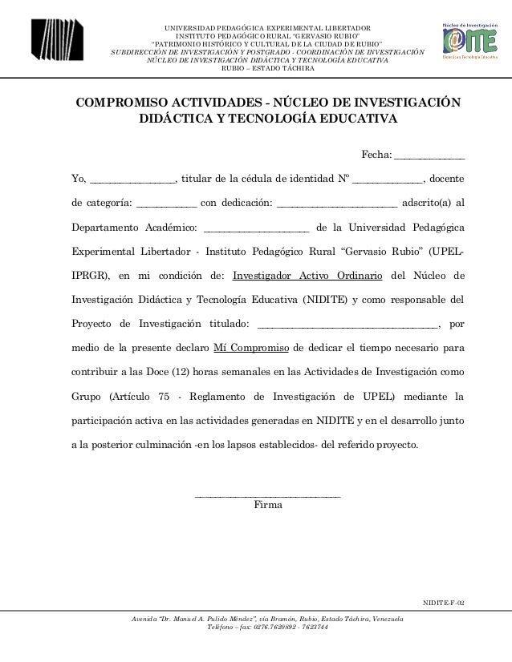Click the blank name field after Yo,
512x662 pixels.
coord(132,178)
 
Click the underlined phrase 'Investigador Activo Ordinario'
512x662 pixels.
coord(307,277)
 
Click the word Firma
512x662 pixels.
coord(267,505)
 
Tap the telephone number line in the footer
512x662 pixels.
coord(268,628)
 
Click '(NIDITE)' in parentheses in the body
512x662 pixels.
coord(323,301)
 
